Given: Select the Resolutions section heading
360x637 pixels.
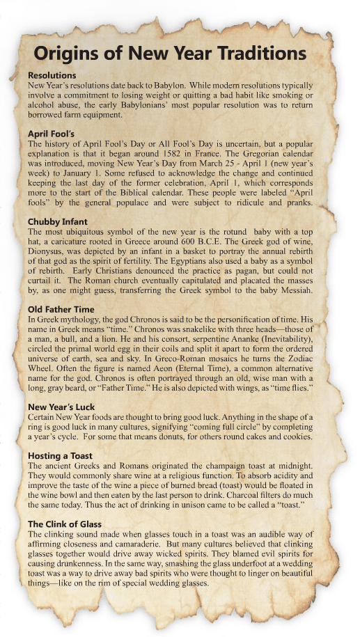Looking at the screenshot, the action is point(52,75).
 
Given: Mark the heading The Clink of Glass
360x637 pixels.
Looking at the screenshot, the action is point(65,524).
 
